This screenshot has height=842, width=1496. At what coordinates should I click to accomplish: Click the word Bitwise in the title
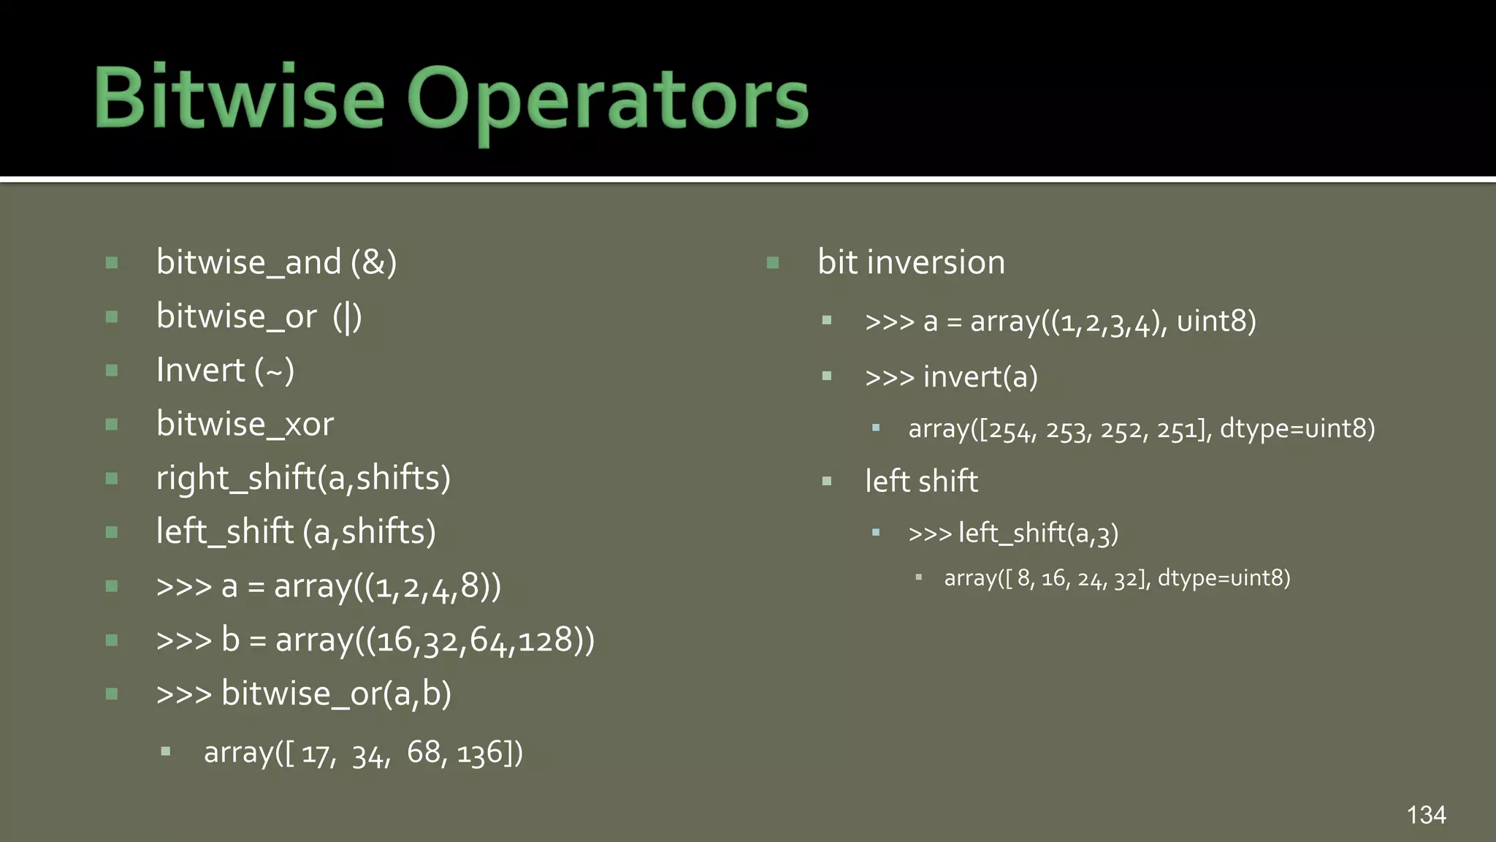pos(239,97)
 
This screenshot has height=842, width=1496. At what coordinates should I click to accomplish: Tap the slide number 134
pos(1426,815)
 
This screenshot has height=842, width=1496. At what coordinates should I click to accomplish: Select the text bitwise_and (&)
pos(276,262)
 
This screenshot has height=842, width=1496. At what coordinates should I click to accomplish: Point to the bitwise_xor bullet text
pos(245,424)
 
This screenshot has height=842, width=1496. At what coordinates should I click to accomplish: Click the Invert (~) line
pos(225,370)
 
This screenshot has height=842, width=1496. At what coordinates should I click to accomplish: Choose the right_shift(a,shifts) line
pos(303,478)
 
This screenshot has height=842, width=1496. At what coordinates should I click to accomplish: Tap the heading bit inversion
pos(911,262)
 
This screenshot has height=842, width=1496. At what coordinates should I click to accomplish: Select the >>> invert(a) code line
pos(951,377)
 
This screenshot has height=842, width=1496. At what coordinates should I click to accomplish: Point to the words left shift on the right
pos(921,482)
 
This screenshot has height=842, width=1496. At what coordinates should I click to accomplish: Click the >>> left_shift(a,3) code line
pos(1013,534)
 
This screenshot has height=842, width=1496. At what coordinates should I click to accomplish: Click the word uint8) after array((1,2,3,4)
pos(1216,322)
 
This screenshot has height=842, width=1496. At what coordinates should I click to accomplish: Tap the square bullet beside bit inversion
pos(773,262)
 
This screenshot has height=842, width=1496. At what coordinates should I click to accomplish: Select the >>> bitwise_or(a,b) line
pos(303,694)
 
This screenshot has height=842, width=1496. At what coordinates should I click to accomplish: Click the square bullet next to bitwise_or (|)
pos(112,316)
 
